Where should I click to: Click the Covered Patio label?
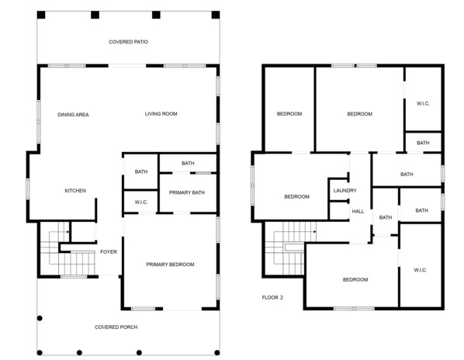click(128, 42)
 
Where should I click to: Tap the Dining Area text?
click(73, 115)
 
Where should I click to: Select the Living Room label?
click(161, 114)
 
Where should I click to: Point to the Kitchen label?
click(75, 191)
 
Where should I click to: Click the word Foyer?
click(109, 252)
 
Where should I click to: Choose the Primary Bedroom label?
click(170, 265)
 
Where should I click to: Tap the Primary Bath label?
click(187, 192)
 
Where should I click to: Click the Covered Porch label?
click(116, 327)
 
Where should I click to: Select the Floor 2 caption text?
click(272, 298)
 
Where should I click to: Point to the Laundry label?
click(345, 191)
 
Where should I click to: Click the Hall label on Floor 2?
click(358, 212)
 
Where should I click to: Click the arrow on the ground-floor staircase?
click(68, 232)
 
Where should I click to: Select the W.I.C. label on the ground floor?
click(141, 202)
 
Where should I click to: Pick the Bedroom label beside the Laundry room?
click(297, 197)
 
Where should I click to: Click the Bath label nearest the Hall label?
click(386, 217)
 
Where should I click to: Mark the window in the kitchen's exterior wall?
click(28, 189)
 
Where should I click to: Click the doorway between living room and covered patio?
click(127, 66)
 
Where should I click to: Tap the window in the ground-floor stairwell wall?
click(74, 276)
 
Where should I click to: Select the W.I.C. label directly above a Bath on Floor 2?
click(423, 103)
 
